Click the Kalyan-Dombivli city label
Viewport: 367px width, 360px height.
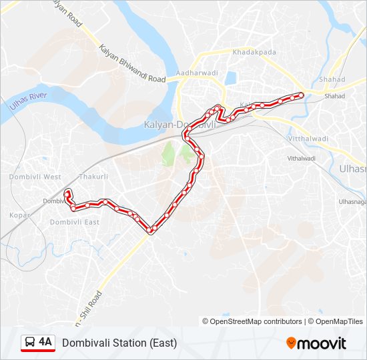pos(179,125)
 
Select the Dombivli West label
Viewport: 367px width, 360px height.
pos(35,177)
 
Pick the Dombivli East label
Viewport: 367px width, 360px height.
pos(75,222)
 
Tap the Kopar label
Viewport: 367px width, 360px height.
pos(16,215)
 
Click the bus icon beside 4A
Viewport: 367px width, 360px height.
pos(30,343)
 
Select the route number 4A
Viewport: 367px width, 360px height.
pos(45,342)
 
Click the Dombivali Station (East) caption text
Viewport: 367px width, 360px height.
pos(119,343)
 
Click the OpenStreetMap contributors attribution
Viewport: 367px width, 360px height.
pos(252,321)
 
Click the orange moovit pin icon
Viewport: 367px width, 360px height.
pos(291,343)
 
